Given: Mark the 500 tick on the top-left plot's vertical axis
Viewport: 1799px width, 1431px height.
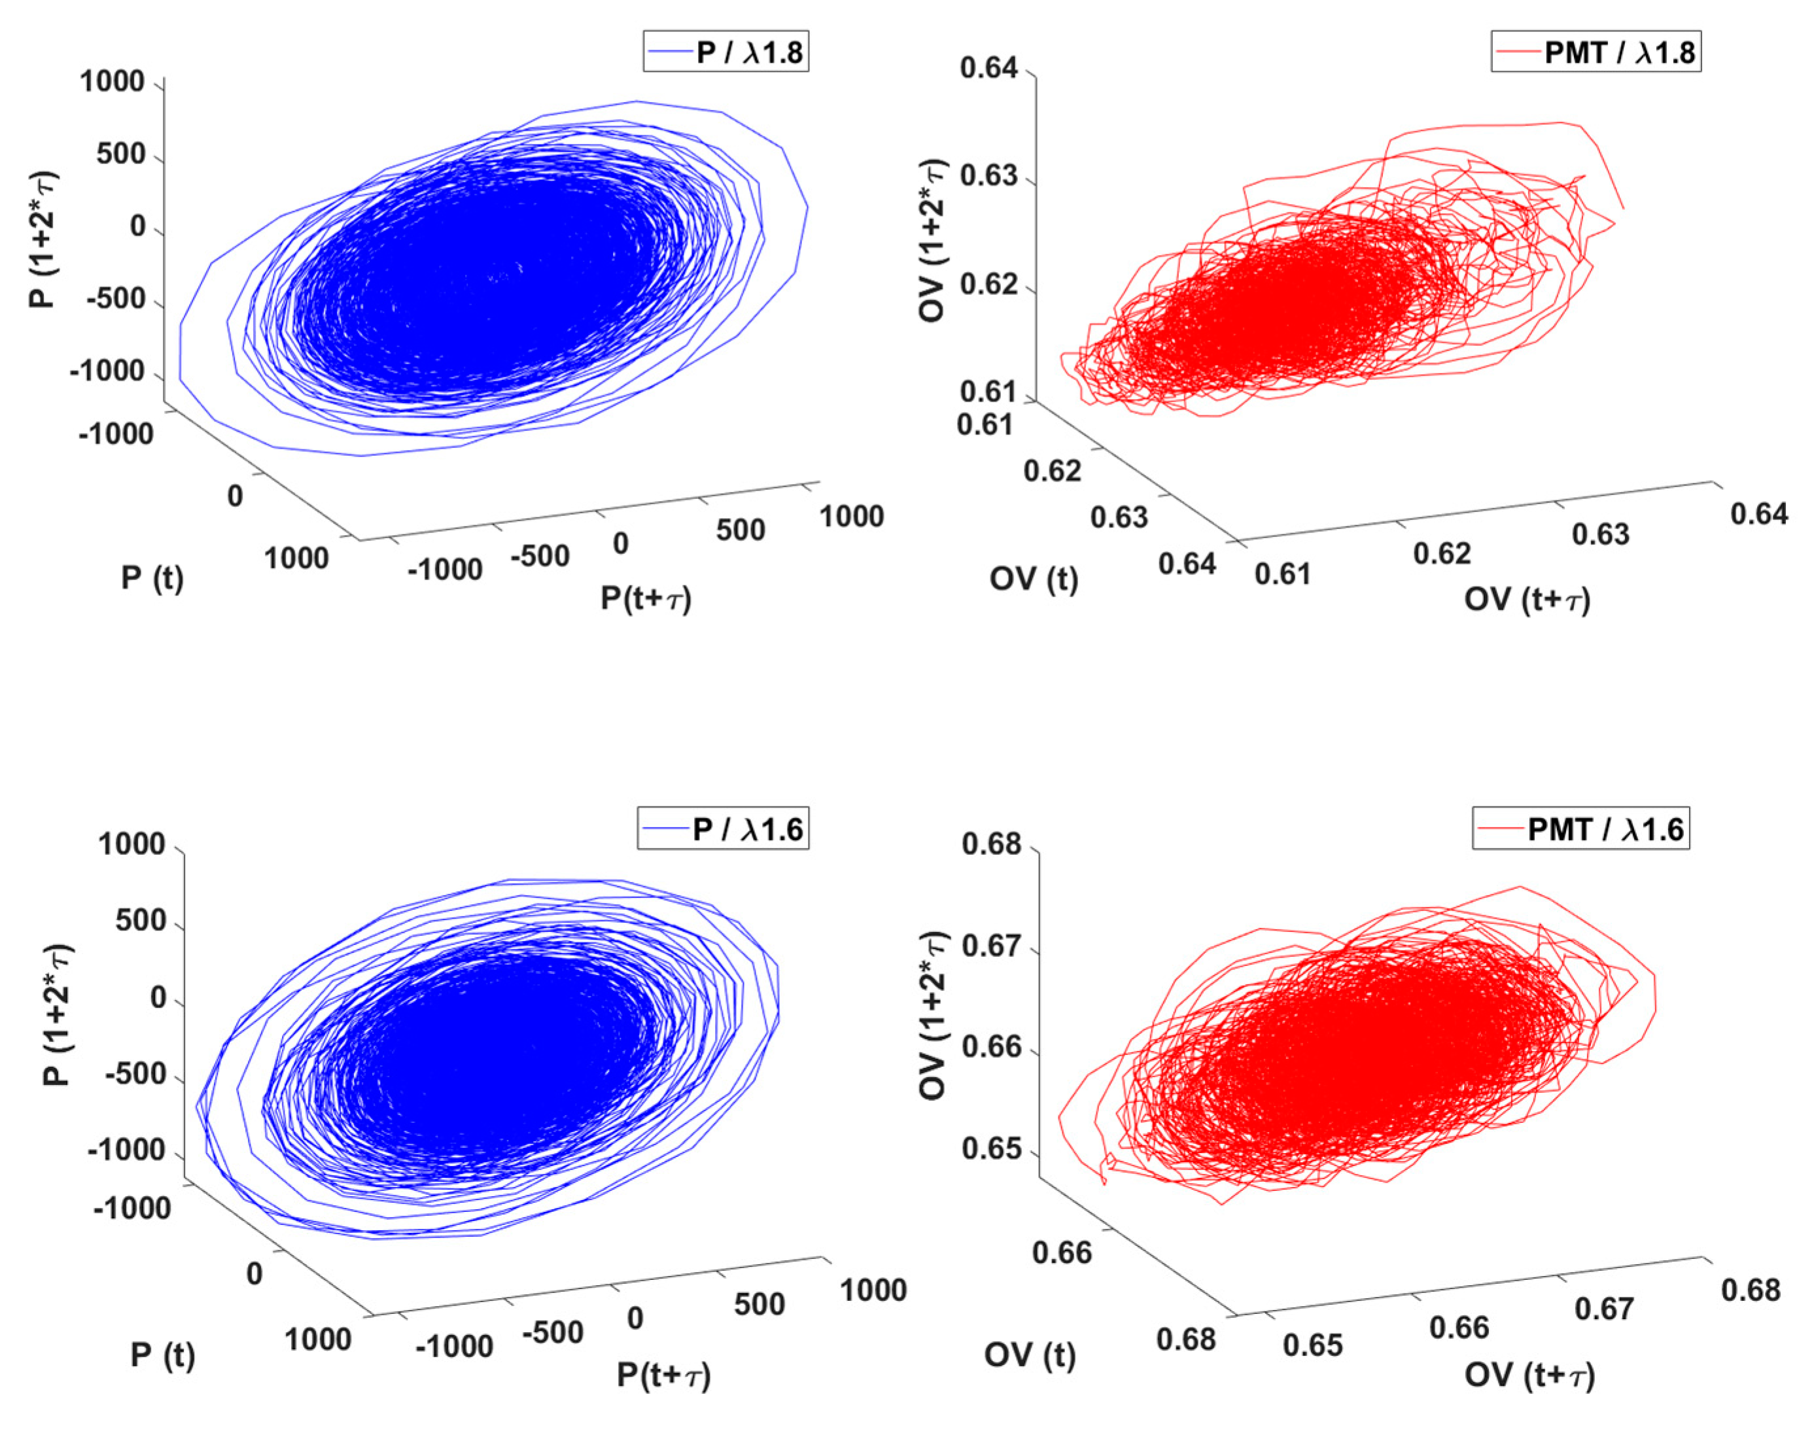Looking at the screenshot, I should pyautogui.click(x=121, y=154).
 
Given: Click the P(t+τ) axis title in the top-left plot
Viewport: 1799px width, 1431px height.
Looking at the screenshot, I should pyautogui.click(x=646, y=598).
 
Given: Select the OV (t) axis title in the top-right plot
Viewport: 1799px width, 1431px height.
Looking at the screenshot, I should pyautogui.click(x=1033, y=578).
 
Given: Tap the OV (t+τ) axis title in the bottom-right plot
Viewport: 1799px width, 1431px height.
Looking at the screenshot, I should pyautogui.click(x=1529, y=1375).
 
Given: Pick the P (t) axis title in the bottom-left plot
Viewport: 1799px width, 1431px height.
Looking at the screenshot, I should pyautogui.click(x=163, y=1355).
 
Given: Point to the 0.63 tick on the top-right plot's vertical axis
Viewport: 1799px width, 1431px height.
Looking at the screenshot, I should pyautogui.click(x=990, y=177).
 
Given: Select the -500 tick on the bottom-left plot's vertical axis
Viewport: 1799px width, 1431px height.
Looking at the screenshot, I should pyautogui.click(x=135, y=1074).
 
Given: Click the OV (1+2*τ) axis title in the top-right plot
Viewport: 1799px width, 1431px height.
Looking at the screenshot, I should pyautogui.click(x=932, y=240).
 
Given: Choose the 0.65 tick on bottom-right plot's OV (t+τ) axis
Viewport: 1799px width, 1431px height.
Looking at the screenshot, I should pyautogui.click(x=1312, y=1345).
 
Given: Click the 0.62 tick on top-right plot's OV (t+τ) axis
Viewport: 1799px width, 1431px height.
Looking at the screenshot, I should pyautogui.click(x=1442, y=553).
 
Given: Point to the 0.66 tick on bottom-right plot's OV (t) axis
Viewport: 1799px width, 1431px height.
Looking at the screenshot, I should pyautogui.click(x=1061, y=1252).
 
